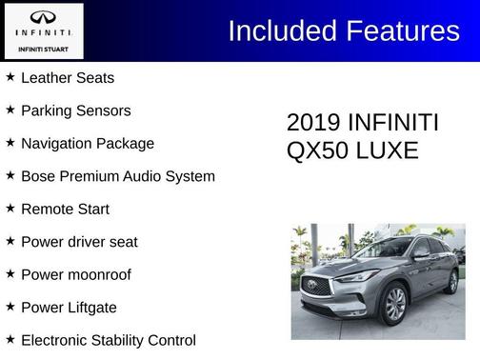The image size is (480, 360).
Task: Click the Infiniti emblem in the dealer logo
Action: point(44,17)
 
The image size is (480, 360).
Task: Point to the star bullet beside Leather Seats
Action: point(10,77)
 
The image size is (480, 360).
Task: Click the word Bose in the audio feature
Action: point(38,176)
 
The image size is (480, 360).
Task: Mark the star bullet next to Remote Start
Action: point(10,208)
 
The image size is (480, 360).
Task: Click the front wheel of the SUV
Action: point(394,305)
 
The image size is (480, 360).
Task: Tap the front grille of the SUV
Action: point(317,287)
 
